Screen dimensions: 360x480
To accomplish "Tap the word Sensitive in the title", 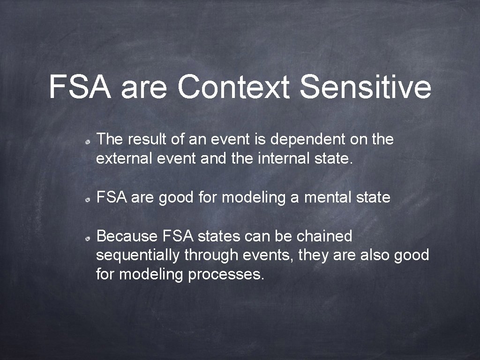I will click(x=365, y=87).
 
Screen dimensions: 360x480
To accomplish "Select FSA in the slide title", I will click(x=80, y=87).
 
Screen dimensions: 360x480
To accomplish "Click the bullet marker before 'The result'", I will click(x=88, y=141).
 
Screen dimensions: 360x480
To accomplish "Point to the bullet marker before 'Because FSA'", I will click(x=88, y=238).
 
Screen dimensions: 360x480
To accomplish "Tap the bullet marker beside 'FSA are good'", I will click(x=88, y=199).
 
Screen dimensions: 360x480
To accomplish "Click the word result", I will click(x=147, y=139).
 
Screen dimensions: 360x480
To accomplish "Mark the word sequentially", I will click(x=138, y=255).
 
